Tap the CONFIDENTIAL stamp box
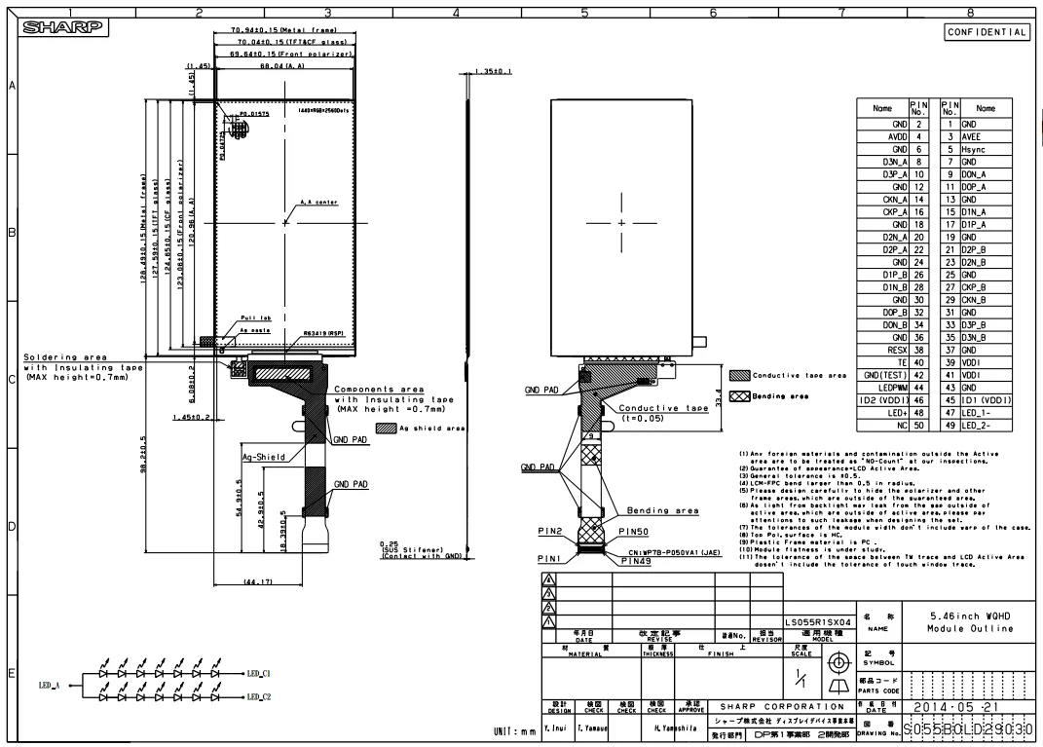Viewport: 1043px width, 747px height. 987,32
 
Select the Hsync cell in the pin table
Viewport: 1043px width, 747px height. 986,150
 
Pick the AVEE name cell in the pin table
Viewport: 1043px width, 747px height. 986,137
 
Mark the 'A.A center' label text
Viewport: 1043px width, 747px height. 318,203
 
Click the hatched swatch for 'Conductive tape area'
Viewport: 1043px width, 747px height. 738,375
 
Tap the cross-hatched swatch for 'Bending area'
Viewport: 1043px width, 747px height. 738,396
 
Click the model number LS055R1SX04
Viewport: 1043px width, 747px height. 820,619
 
